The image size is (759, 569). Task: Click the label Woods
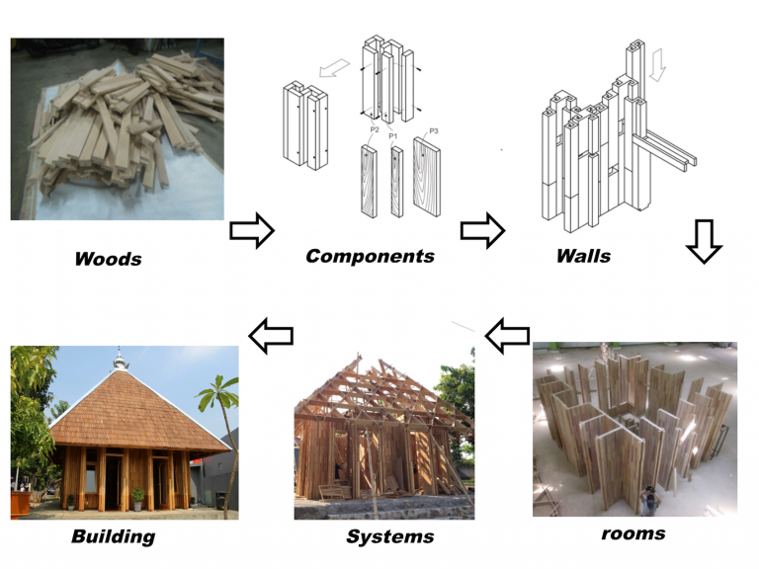coord(108,260)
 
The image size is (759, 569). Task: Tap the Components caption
coord(370,256)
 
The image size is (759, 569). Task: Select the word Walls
coord(583,256)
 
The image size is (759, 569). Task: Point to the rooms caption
coord(632,533)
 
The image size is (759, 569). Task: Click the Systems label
coord(389,536)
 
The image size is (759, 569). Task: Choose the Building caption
coord(113,536)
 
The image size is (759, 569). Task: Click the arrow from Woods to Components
coord(251,231)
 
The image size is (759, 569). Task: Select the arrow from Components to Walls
coord(481,231)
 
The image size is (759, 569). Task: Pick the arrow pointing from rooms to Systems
coord(506,336)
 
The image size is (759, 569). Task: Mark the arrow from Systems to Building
coord(270,336)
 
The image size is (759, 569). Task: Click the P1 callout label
coord(392,135)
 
